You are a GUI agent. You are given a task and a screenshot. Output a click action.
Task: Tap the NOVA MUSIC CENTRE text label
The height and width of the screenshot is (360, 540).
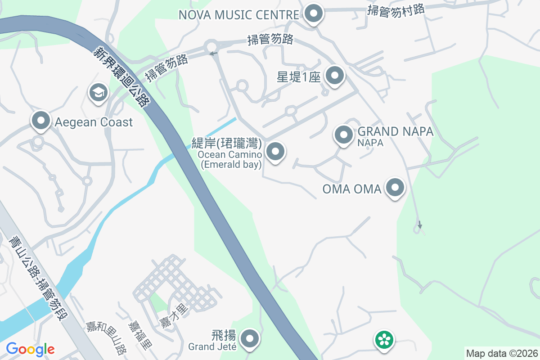238,15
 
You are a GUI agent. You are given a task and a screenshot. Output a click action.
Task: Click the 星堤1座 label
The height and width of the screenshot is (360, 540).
298,77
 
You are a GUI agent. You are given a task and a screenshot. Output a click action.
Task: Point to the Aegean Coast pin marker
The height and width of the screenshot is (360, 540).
41,121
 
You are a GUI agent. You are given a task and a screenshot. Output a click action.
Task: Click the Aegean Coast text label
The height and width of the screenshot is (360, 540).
94,122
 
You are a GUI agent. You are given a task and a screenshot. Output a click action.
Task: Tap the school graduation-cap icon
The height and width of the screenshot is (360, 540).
98,93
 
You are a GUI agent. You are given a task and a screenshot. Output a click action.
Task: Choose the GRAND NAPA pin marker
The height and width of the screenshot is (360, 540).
344,135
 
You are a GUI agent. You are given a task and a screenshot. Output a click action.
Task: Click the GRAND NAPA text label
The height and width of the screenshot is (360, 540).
395,132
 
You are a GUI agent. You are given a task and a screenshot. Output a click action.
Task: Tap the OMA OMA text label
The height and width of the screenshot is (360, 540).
352,189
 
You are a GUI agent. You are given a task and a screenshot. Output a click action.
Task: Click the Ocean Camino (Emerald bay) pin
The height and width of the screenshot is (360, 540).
275,152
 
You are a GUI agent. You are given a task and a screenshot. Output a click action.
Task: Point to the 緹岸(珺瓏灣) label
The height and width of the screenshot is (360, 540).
226,144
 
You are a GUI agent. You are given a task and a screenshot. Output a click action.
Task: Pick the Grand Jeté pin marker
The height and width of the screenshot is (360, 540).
249,338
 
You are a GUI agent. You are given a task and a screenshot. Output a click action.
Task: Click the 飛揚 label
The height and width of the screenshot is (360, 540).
223,335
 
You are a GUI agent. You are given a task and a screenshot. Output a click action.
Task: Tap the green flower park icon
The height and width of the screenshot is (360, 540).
385,339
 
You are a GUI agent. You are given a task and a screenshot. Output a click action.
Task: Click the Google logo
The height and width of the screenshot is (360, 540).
30,349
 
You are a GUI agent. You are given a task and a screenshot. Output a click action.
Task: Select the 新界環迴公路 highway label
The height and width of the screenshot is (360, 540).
121,77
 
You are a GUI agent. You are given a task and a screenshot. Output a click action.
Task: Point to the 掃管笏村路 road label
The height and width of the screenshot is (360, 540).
396,10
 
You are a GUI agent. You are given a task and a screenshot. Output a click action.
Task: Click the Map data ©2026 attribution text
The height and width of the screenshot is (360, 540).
502,353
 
